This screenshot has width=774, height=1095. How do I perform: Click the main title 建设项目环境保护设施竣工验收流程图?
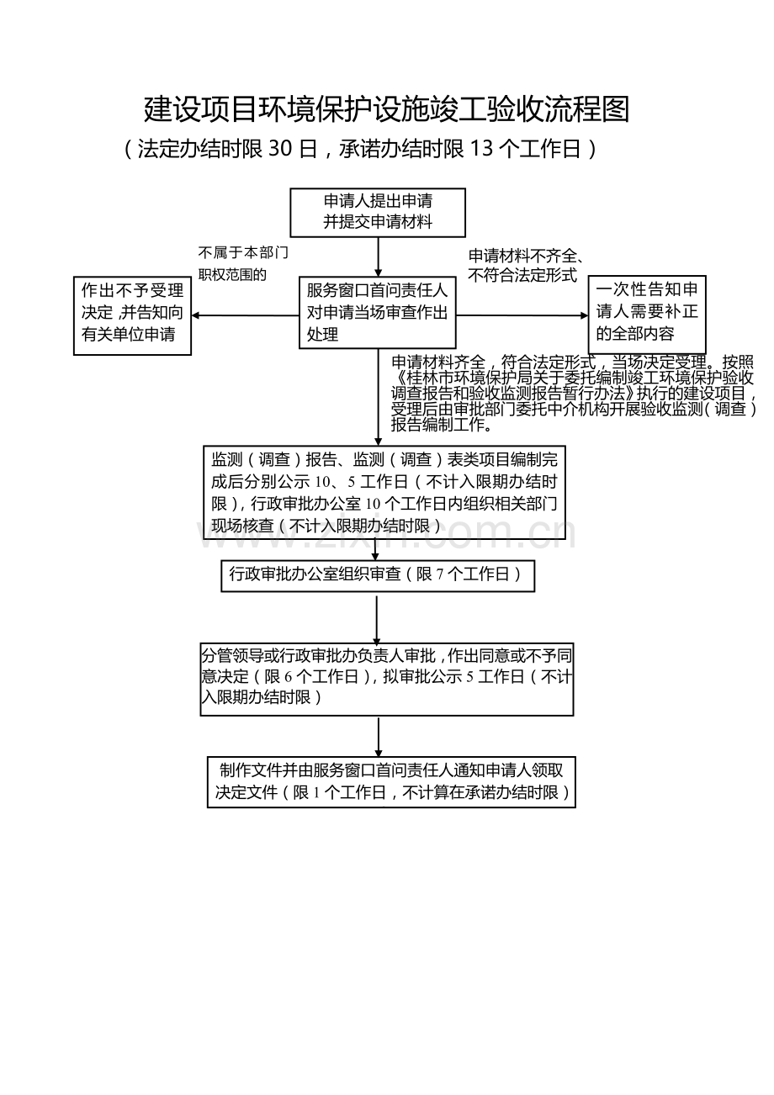point(386,108)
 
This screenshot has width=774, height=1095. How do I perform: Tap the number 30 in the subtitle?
point(280,149)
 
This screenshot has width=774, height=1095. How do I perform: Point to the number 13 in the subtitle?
point(481,149)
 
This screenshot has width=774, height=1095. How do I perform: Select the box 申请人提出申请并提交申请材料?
point(378,213)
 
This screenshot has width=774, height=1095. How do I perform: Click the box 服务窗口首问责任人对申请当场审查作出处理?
point(378,313)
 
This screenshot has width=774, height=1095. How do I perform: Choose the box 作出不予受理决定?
point(132,315)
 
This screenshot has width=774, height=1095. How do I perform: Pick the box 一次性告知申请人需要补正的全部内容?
point(647,315)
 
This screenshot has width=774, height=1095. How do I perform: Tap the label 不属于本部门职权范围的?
point(243,263)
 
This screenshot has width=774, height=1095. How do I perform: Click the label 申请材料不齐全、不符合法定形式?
point(526,266)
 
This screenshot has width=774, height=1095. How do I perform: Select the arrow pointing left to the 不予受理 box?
point(245,315)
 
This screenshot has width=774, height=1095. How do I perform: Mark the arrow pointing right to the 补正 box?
point(522,315)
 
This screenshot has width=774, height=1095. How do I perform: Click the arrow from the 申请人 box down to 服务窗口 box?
point(378,257)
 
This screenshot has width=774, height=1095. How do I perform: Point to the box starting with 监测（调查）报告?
point(384,492)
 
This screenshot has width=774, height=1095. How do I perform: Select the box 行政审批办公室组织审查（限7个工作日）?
point(378,576)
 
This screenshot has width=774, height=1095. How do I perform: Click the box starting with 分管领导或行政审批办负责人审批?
point(387,680)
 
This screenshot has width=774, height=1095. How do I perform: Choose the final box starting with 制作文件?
point(391,782)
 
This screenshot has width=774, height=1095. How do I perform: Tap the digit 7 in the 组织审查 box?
point(439,574)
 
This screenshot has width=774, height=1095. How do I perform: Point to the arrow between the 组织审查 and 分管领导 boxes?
point(377,620)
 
